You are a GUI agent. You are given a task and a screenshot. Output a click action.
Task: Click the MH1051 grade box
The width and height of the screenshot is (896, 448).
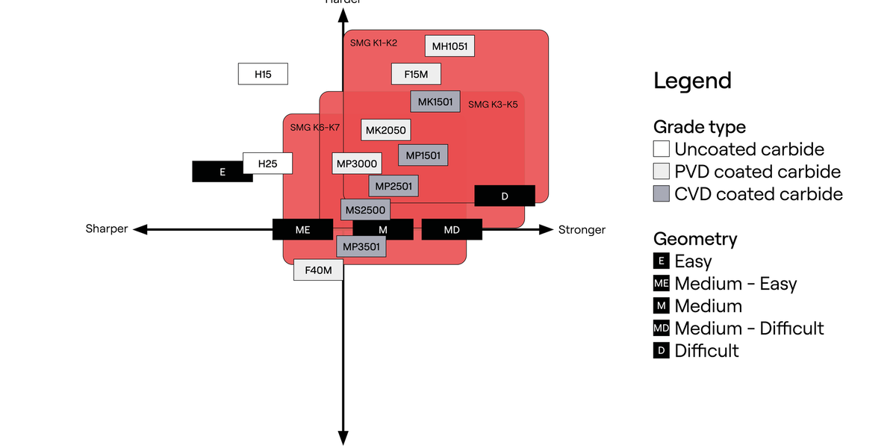(x=449, y=46)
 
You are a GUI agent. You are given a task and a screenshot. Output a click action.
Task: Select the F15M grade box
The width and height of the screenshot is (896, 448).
(x=416, y=74)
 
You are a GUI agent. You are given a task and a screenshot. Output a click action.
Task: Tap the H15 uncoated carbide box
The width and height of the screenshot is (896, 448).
(x=263, y=74)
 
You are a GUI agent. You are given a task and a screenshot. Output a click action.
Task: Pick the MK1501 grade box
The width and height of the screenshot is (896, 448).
(x=435, y=102)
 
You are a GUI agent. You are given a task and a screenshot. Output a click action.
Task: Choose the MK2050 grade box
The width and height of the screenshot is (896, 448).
(x=385, y=130)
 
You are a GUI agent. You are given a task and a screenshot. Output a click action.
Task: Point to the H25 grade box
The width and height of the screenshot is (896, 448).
(x=267, y=163)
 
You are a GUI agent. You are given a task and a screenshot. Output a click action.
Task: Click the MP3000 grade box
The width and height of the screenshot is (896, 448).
(x=357, y=163)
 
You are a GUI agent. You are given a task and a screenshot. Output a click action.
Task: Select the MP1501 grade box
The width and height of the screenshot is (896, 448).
(x=423, y=155)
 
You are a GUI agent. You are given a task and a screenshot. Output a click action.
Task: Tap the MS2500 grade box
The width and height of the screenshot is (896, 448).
(x=365, y=210)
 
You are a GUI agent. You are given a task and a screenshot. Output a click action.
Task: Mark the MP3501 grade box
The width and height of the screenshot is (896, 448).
(x=361, y=246)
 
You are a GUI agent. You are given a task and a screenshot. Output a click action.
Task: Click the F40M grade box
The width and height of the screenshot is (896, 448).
(x=318, y=270)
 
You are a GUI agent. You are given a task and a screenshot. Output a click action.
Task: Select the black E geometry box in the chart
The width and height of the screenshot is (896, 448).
(x=222, y=172)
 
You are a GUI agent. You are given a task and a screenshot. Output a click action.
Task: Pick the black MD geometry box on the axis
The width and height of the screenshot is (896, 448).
(x=452, y=229)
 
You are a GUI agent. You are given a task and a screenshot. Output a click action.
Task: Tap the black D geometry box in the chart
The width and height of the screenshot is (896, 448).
(x=505, y=196)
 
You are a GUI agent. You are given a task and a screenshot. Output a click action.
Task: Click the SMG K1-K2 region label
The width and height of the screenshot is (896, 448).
(x=373, y=43)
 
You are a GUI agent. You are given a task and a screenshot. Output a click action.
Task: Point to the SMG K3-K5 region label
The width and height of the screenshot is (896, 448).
(x=493, y=105)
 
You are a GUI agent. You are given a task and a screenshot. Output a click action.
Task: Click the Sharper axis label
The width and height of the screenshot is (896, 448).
(x=107, y=229)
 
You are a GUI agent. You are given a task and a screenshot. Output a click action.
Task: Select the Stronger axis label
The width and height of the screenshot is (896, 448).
(x=582, y=229)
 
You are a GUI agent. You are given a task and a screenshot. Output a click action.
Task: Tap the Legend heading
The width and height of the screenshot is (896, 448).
(x=692, y=81)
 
